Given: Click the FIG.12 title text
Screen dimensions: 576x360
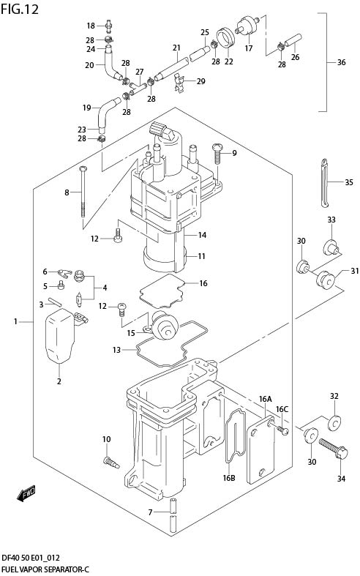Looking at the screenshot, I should pyautogui.click(x=20, y=9).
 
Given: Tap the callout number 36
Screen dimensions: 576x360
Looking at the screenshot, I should pyautogui.click(x=341, y=62).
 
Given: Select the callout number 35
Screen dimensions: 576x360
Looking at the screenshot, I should pyautogui.click(x=348, y=182).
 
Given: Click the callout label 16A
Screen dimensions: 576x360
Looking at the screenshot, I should pyautogui.click(x=265, y=399).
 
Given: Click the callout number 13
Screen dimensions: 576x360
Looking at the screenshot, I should pyautogui.click(x=116, y=351).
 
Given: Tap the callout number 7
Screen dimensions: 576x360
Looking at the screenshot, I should pyautogui.click(x=150, y=512).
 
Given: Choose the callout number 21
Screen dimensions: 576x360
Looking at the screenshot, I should pyautogui.click(x=176, y=48).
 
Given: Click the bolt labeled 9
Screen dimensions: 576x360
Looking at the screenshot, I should pyautogui.click(x=217, y=154).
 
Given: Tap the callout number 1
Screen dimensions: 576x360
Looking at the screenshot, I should pyautogui.click(x=15, y=321).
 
